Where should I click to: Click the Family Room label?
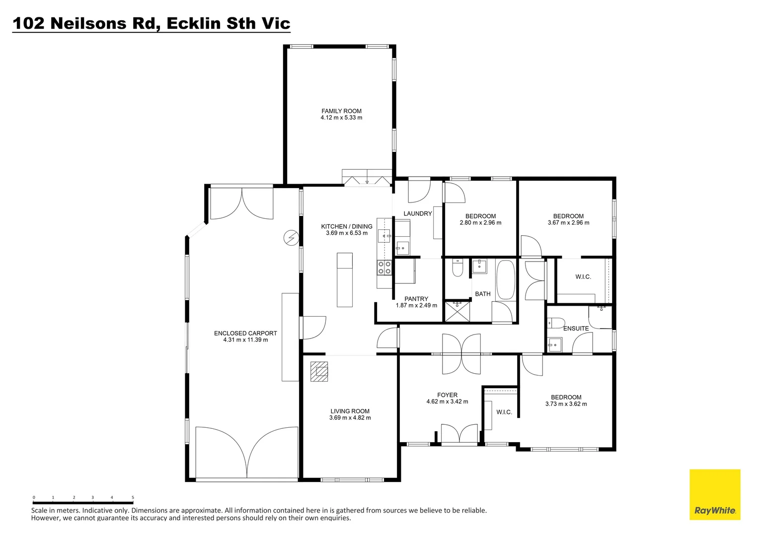[341, 111]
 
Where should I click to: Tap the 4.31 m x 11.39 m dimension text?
[245, 340]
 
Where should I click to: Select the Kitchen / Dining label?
[347, 226]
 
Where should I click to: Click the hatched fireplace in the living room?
[319, 371]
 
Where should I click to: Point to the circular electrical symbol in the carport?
[291, 238]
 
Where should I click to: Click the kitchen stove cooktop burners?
[384, 268]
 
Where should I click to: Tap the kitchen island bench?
[345, 280]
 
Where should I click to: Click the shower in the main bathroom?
[457, 312]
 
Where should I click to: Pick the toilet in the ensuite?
[555, 323]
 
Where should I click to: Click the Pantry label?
[416, 299]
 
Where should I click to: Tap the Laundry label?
[418, 213]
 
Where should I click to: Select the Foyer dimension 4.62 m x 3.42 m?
[447, 402]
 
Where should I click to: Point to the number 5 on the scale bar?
[133, 497]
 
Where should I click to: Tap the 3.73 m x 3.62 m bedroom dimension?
[566, 404]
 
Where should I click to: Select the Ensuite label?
[576, 329]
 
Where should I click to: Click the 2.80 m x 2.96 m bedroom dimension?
[480, 223]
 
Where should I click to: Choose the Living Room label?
[350, 411]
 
